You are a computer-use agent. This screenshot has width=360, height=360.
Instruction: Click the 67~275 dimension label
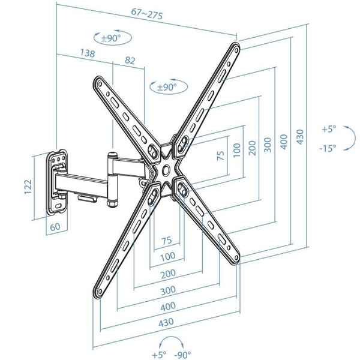pyautogui.click(x=147, y=14)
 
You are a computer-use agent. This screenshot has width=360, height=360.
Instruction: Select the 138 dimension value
pyautogui.click(x=87, y=53)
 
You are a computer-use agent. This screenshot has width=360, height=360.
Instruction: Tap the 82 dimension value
pyautogui.click(x=130, y=60)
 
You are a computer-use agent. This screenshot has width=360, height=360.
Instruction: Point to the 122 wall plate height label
pyautogui.click(x=28, y=187)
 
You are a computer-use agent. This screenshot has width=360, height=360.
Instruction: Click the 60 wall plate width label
pyautogui.click(x=55, y=227)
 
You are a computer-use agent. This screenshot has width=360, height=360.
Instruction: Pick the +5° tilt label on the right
pyautogui.click(x=329, y=129)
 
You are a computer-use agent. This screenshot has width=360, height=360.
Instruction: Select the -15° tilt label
pyautogui.click(x=328, y=148)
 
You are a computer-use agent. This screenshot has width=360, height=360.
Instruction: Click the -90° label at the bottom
pyautogui.click(x=182, y=355)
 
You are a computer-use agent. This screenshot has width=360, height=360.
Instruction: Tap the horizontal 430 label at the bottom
pyautogui.click(x=166, y=323)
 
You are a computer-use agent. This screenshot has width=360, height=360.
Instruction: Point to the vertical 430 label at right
pyautogui.click(x=300, y=137)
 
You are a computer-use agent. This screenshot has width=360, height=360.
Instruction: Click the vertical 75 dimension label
pyautogui.click(x=221, y=155)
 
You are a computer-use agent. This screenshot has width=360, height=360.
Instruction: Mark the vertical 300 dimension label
pyautogui.click(x=268, y=145)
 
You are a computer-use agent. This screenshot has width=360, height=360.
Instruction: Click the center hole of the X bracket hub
pyautogui.click(x=166, y=169)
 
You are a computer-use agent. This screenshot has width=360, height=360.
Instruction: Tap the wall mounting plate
pyautogui.click(x=57, y=182)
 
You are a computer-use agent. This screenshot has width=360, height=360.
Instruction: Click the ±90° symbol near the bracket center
pyautogui.click(x=169, y=86)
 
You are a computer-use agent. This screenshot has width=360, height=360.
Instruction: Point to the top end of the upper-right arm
pyautogui.click(x=236, y=47)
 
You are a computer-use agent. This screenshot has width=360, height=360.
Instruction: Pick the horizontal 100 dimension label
pyautogui.click(x=168, y=256)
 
